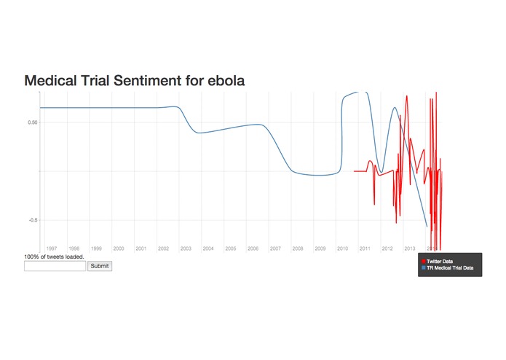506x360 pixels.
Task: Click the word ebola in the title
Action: (222, 81)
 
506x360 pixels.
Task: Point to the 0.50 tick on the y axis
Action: (33, 122)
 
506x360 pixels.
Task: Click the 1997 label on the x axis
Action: (51, 249)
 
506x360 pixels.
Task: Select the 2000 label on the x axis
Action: (119, 249)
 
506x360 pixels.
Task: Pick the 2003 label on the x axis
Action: (186, 249)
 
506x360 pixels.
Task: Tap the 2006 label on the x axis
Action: (253, 249)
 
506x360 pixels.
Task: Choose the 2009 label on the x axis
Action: (320, 249)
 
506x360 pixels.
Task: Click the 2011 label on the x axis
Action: (365, 249)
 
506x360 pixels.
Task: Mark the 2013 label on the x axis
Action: (410, 249)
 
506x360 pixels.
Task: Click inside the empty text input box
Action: (55, 266)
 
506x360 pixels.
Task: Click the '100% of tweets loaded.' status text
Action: (55, 257)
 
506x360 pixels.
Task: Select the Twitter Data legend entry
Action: (440, 260)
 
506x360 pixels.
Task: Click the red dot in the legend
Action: (424, 260)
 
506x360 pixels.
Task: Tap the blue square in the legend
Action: (424, 268)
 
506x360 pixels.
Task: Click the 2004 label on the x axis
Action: (208, 249)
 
